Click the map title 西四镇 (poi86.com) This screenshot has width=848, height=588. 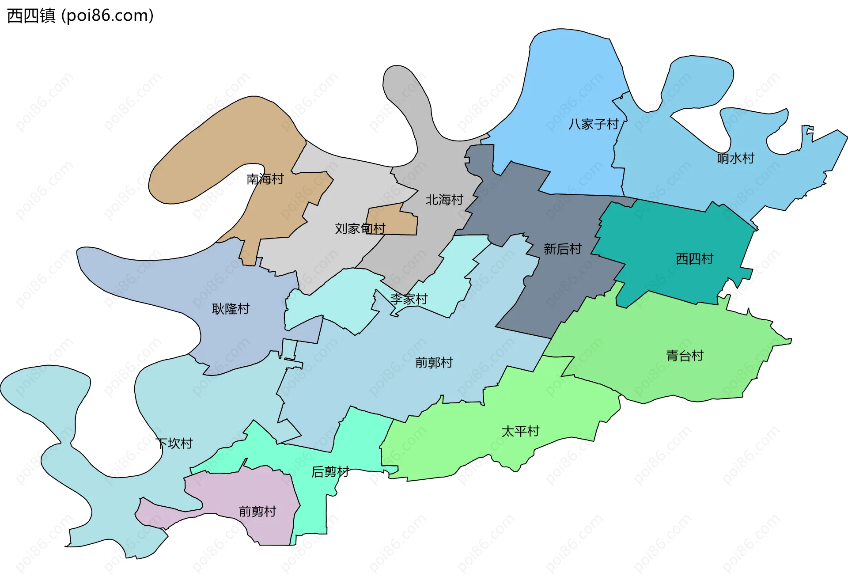click(80, 16)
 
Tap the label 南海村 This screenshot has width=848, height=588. click(265, 179)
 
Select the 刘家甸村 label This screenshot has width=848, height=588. click(360, 228)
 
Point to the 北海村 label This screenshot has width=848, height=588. click(444, 200)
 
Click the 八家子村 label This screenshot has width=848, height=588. click(593, 124)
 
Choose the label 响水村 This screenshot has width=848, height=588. click(735, 158)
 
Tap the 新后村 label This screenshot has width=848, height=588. click(562, 249)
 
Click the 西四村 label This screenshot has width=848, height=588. click(694, 258)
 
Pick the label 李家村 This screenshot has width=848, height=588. click(409, 299)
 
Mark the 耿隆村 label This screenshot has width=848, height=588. click(231, 308)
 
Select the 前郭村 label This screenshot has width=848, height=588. click(434, 363)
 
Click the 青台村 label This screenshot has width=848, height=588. click(684, 356)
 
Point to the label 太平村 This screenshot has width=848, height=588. click(520, 431)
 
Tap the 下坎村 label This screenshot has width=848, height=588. click(174, 443)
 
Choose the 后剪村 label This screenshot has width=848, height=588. click(330, 472)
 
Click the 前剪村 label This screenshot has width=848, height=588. click(257, 511)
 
